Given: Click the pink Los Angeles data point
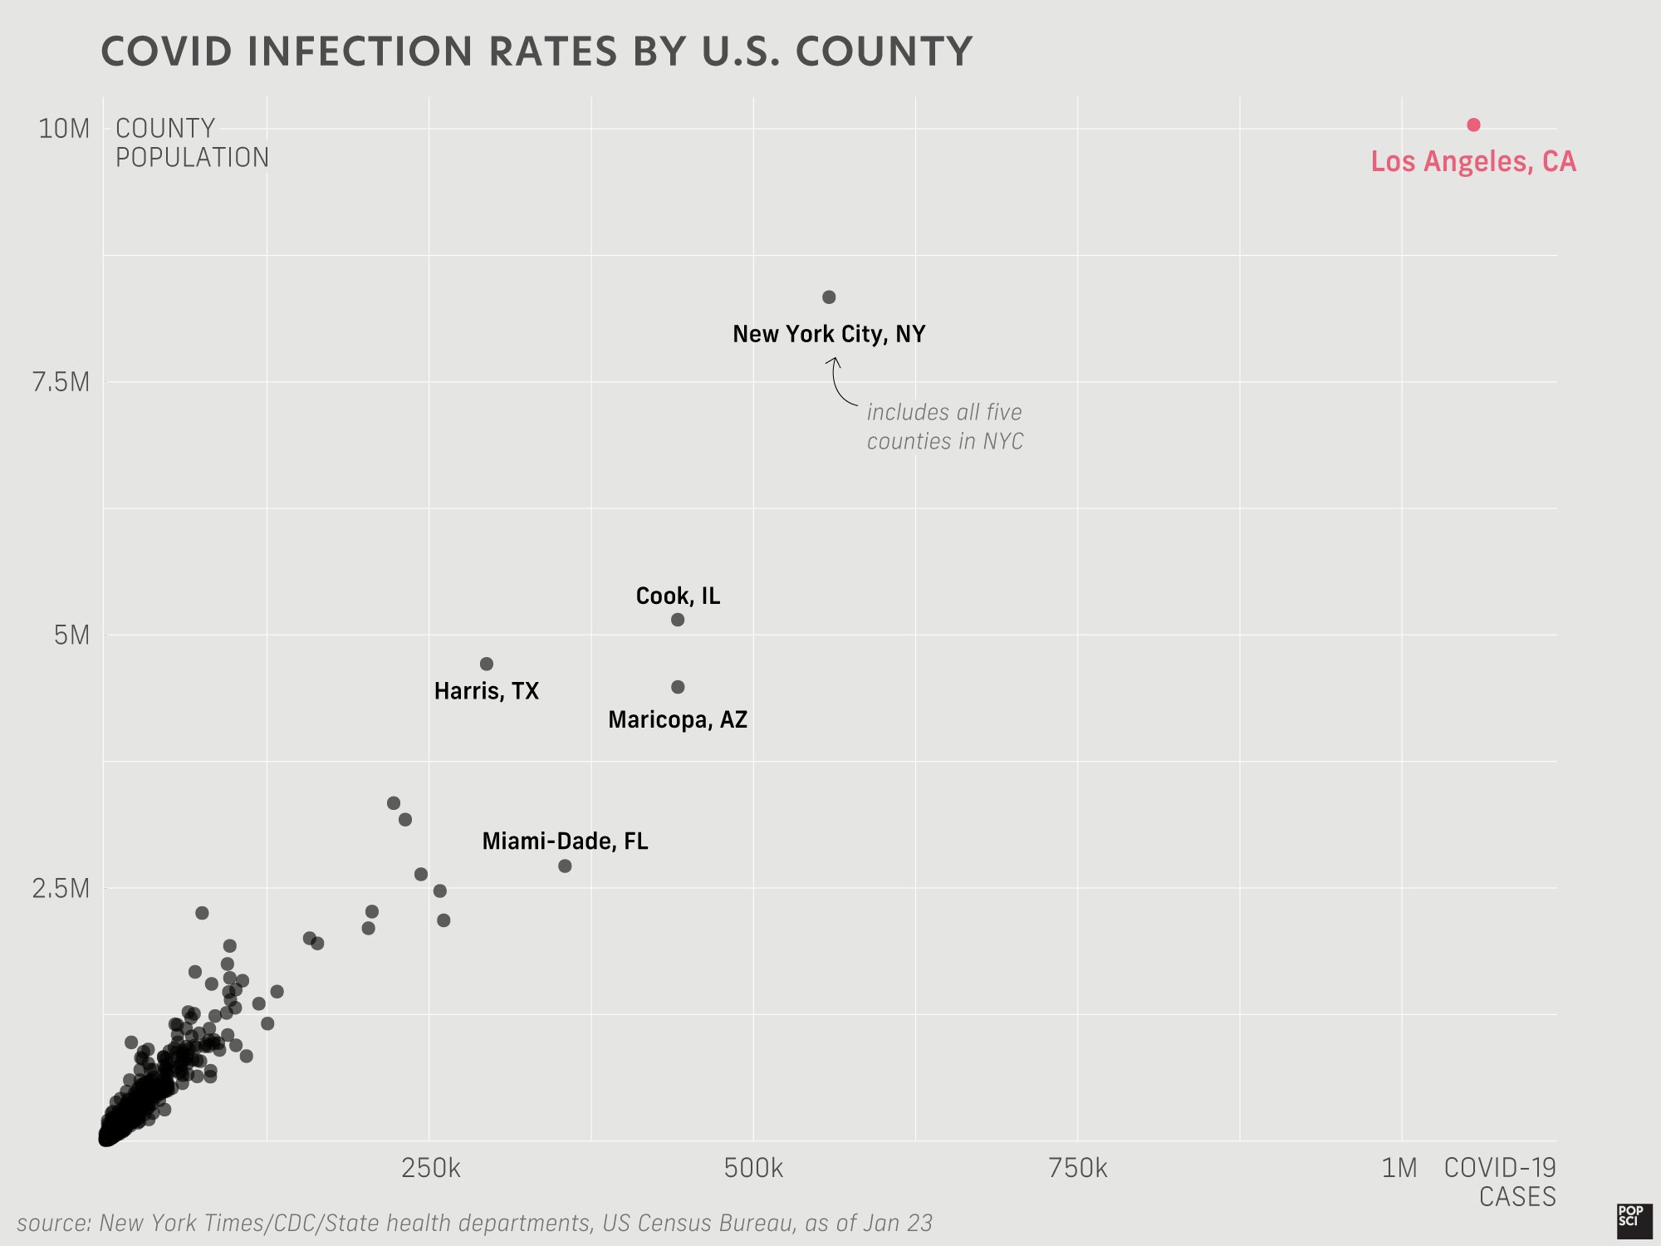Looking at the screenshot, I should [1473, 125].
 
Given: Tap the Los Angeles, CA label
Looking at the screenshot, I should [1472, 161].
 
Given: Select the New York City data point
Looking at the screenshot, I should [829, 297].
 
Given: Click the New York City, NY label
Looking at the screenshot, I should [828, 334].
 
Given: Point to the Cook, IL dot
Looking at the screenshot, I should [678, 620].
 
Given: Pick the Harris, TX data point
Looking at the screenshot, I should [487, 664].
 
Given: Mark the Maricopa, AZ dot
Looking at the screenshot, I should [678, 687].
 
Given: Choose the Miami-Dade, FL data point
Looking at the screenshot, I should [565, 866].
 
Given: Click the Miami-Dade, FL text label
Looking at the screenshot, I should [565, 841].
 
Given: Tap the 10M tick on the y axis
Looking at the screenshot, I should [64, 129].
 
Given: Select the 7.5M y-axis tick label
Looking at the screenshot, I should [61, 382].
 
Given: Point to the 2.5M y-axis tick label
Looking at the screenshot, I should [61, 888].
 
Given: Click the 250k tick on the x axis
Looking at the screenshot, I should [430, 1169].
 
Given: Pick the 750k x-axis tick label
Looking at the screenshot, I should [1078, 1169].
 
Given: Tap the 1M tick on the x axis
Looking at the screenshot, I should [1399, 1169].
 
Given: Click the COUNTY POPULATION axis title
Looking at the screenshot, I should [192, 143].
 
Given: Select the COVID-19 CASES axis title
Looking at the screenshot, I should [1500, 1182].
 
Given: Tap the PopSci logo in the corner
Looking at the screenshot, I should [1634, 1219].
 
